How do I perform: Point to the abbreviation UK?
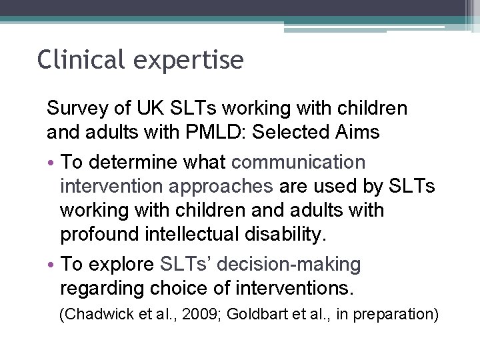tap(145, 108)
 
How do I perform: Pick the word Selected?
tap(290, 132)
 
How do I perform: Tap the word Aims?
tap(357, 132)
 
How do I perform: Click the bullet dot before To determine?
tap(51, 163)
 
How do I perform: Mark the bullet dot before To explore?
tap(51, 265)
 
